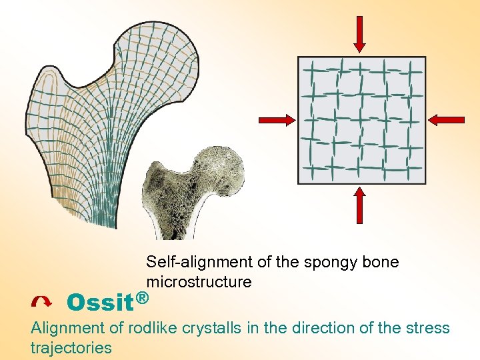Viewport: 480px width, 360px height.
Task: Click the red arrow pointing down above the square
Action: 359,33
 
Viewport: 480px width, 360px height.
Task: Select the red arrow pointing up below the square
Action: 359,205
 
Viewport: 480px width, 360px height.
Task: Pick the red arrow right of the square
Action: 447,120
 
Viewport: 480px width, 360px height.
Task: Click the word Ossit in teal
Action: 100,303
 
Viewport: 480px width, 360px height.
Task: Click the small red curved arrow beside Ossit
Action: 41,303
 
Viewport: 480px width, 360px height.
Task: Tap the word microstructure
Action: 199,282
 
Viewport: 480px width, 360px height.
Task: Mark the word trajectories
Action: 71,348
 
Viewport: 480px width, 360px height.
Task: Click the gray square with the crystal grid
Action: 361,120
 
